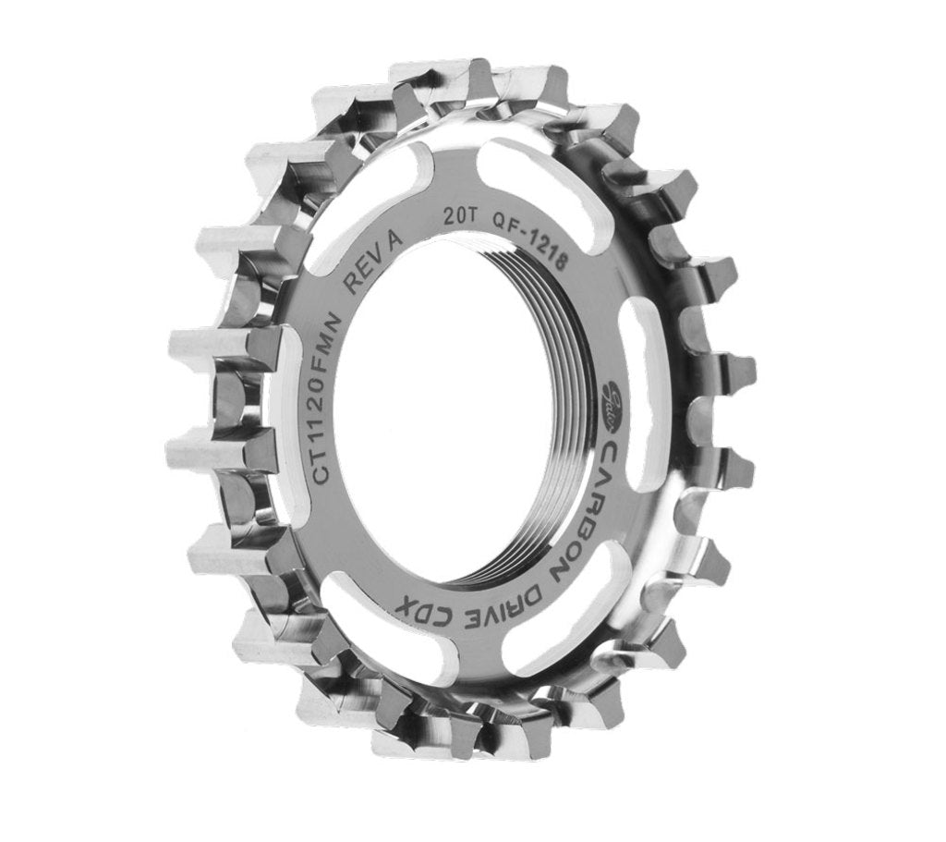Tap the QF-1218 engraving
530,242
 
